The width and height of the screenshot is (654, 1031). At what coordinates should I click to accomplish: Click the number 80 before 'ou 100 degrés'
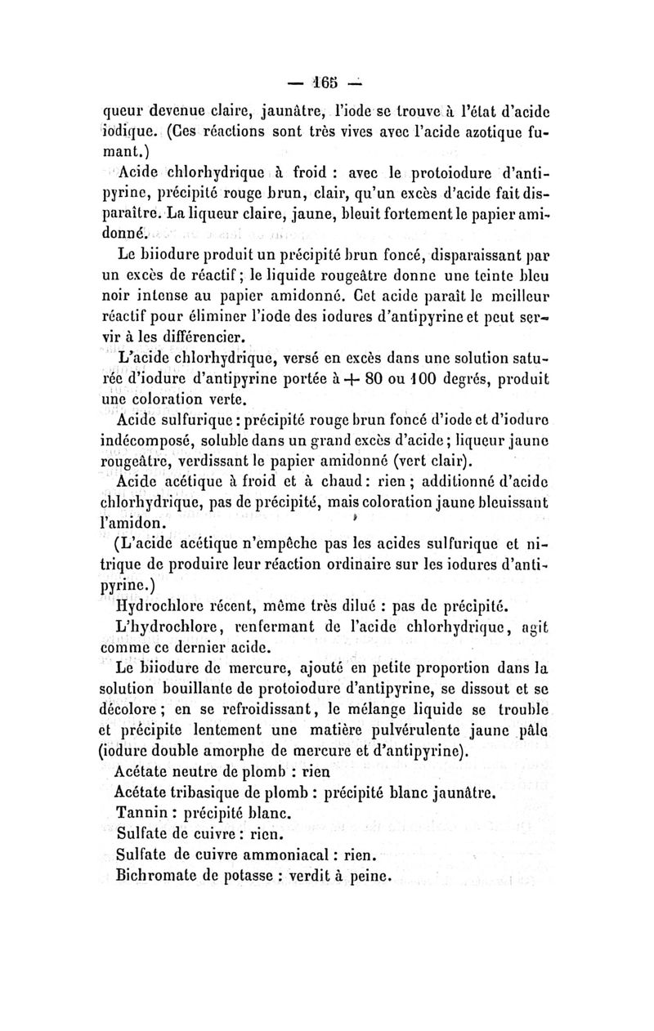[x=376, y=379]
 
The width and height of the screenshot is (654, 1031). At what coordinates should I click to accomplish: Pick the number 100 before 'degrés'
[x=423, y=379]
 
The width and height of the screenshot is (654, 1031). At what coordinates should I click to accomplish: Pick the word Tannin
[x=143, y=814]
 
